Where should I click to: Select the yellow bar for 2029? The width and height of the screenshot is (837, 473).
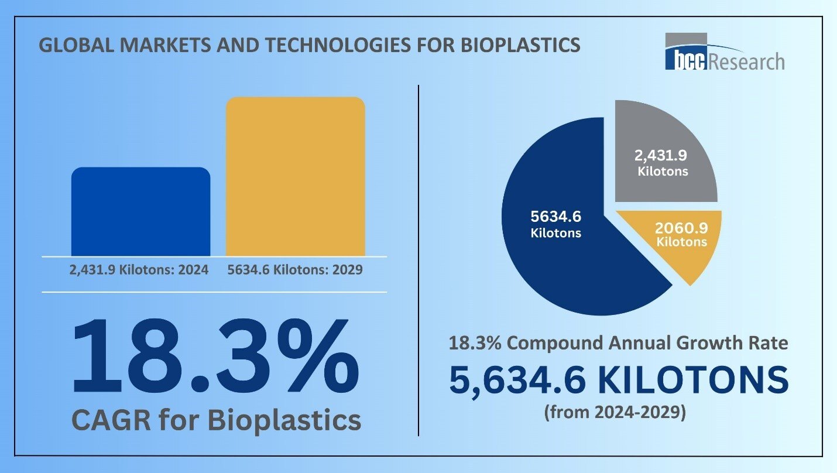coord(295,176)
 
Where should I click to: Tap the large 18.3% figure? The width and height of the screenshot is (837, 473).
coord(214,358)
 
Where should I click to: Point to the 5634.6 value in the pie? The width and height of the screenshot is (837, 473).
coord(555,217)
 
